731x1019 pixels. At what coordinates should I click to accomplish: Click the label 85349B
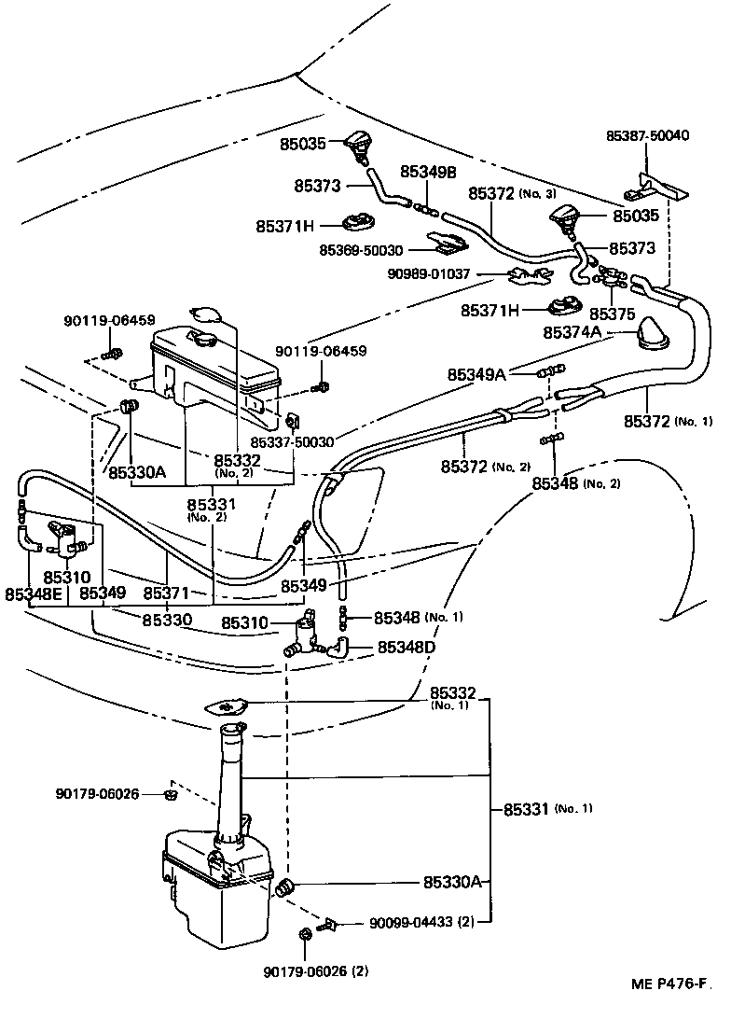pyautogui.click(x=428, y=172)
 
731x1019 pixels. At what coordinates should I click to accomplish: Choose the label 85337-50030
pyautogui.click(x=293, y=442)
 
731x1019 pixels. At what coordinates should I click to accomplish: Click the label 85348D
pyautogui.click(x=407, y=647)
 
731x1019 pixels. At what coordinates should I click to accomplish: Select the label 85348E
pyautogui.click(x=34, y=593)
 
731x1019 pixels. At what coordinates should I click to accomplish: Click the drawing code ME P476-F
pyautogui.click(x=667, y=1009)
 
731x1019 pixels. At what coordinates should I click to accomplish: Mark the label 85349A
pyautogui.click(x=476, y=375)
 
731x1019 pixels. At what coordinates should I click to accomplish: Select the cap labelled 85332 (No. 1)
pyautogui.click(x=228, y=708)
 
